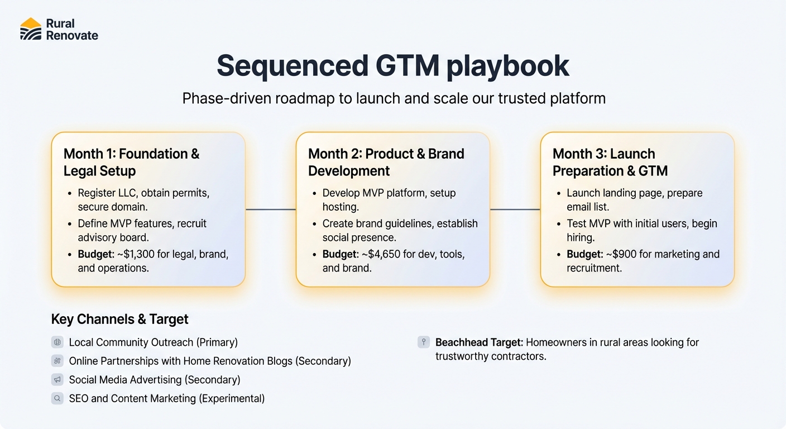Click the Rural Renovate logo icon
31,29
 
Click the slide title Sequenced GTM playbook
392,66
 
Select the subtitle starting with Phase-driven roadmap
394,98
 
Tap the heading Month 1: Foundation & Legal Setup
131,162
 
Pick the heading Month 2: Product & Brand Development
386,162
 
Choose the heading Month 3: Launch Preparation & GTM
610,162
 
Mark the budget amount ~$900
622,254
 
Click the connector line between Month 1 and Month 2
270,209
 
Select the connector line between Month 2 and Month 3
515,209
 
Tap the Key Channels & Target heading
119,319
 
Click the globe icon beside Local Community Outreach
57,342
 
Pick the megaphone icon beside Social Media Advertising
57,380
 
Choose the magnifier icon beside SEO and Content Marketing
57,398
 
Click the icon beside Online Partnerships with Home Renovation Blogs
57,361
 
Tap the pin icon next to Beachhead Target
424,342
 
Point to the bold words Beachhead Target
479,342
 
